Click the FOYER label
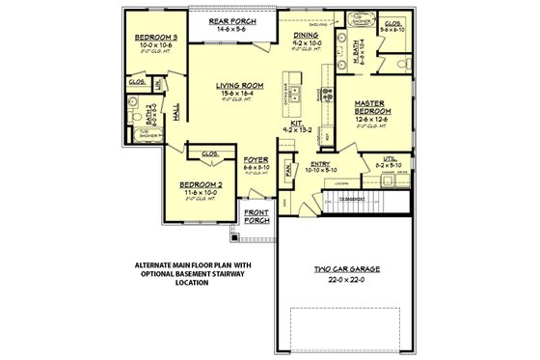click(256, 158)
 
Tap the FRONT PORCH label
click(256, 216)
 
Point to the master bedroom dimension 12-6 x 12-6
click(371, 120)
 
